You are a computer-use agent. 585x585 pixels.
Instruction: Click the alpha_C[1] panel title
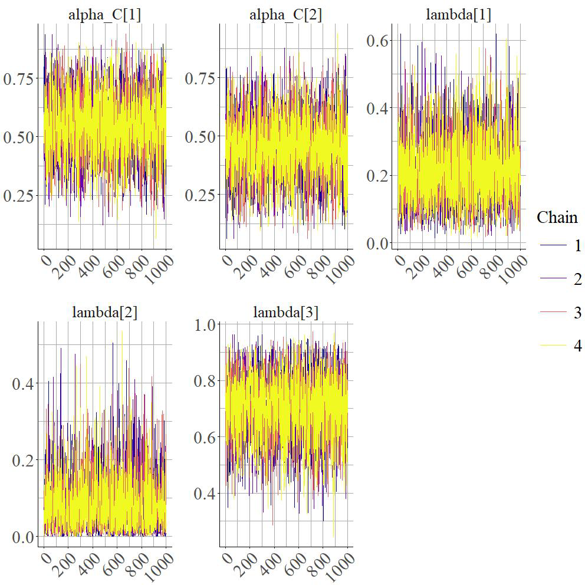pos(104,15)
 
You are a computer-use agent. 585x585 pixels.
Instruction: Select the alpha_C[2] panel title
pos(285,15)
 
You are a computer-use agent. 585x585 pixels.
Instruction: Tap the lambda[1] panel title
pos(458,15)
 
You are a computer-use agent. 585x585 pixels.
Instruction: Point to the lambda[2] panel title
pos(104,313)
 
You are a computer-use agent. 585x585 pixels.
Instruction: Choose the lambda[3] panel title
pos(285,313)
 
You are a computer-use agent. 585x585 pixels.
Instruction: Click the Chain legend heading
pos(557,218)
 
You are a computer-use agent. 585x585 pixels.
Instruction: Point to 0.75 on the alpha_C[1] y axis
pos(19,78)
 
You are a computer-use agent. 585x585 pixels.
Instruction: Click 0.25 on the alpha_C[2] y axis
pos(201,195)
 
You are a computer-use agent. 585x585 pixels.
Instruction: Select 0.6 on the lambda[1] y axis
pos(377,41)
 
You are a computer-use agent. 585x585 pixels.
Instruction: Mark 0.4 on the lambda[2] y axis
pos(24,383)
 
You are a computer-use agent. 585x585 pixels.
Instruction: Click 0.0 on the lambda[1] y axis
pos(377,243)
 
